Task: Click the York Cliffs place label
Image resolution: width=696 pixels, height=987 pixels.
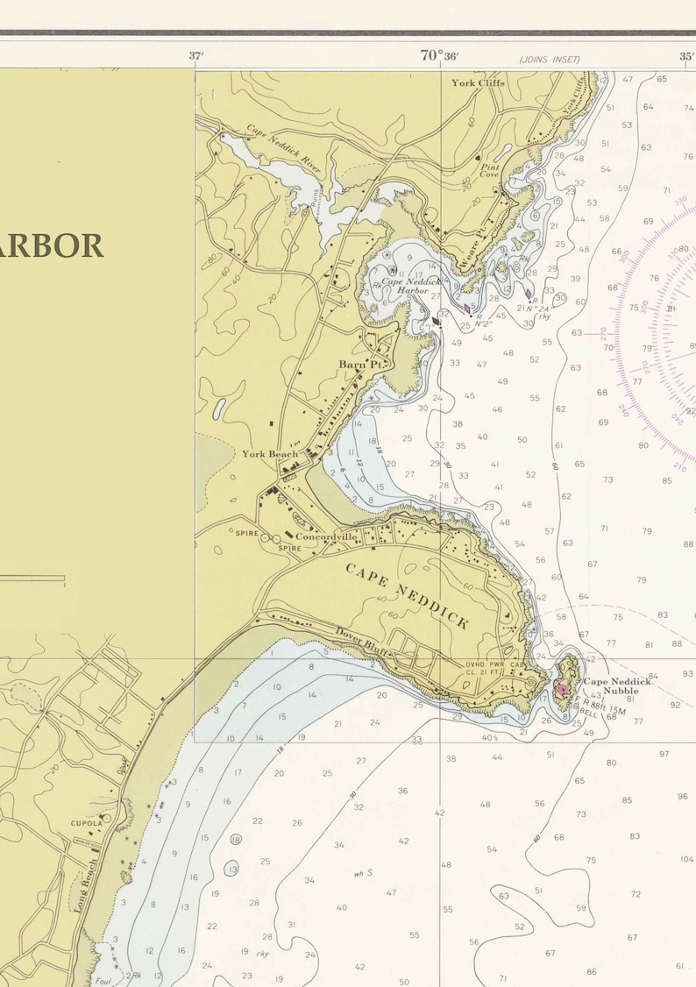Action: coord(474,83)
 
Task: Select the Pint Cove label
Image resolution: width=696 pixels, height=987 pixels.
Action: coord(489,171)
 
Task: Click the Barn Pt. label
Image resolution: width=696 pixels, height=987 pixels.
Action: coord(362,364)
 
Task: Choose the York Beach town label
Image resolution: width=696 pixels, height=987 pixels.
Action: coord(270,454)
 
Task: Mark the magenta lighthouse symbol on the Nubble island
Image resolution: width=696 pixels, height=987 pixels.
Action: coord(563,690)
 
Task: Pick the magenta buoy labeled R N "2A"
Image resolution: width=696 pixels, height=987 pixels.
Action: coord(529,295)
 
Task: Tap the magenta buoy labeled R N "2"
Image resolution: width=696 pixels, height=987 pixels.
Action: coord(467,309)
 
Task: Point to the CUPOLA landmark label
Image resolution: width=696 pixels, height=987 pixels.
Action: coord(87,823)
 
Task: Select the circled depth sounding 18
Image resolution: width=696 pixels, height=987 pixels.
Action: coord(236,839)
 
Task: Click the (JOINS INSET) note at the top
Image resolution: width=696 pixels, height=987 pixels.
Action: coord(550,60)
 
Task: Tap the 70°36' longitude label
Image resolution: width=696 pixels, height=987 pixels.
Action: coord(439,56)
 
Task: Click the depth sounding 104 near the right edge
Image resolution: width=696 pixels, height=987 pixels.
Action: coord(686,860)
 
